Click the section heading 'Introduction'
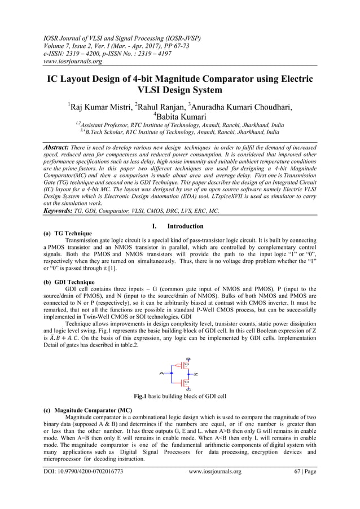(187, 226)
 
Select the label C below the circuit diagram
(188, 389)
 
